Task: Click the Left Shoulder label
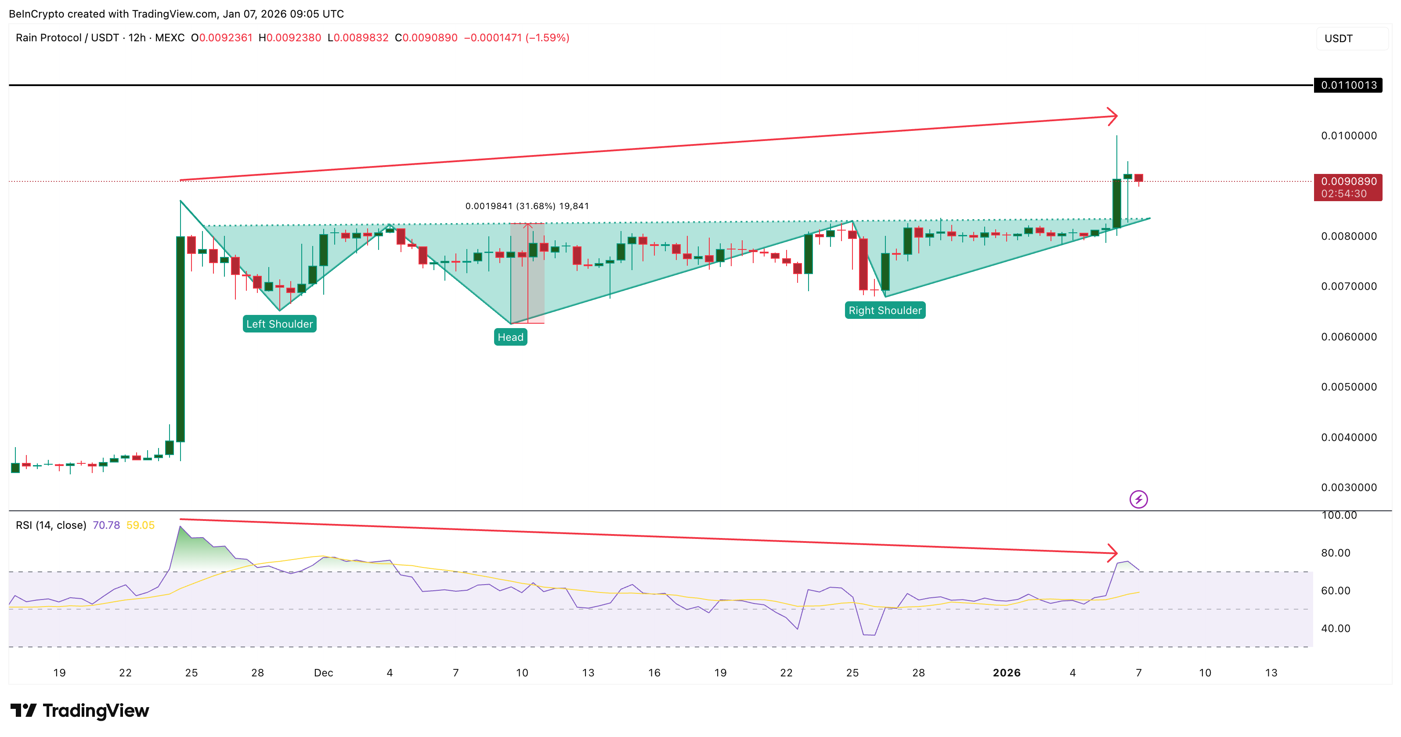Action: pyautogui.click(x=280, y=324)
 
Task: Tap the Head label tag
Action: pyautogui.click(x=510, y=337)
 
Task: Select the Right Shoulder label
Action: pyautogui.click(x=885, y=311)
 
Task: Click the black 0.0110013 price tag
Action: pyautogui.click(x=1348, y=85)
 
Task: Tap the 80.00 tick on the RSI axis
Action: pyautogui.click(x=1336, y=553)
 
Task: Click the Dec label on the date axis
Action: pyautogui.click(x=324, y=673)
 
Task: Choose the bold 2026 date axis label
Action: pyautogui.click(x=1006, y=673)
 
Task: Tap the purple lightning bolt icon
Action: pyautogui.click(x=1138, y=499)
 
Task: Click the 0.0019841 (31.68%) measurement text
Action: pyautogui.click(x=527, y=206)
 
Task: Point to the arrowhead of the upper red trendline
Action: pyautogui.click(x=1114, y=116)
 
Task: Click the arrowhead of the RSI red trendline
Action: pyautogui.click(x=1114, y=553)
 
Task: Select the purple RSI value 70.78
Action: pyautogui.click(x=106, y=525)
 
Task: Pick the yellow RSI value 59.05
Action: pyautogui.click(x=140, y=525)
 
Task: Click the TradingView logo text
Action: pyautogui.click(x=95, y=711)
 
